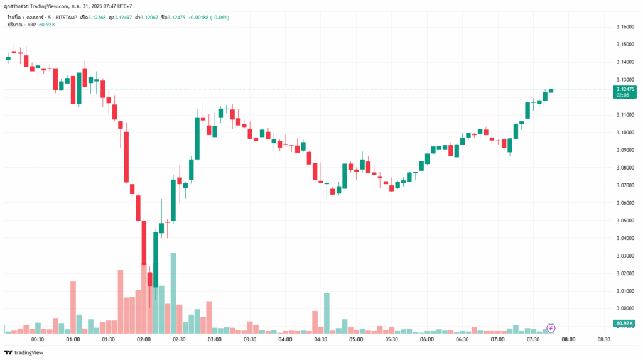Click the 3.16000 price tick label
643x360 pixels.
pos(625,26)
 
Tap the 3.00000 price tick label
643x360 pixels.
pos(625,308)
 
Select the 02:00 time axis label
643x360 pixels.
pos(144,339)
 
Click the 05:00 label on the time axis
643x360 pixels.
pos(356,339)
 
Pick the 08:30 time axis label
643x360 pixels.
pos(604,339)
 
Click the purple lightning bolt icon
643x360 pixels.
pos(551,328)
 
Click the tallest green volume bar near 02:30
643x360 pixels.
pos(173,293)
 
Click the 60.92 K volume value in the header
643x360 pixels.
pos(48,24)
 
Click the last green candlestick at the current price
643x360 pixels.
pos(551,90)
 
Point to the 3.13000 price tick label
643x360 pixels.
pos(625,80)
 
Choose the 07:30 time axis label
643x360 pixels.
pos(533,339)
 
